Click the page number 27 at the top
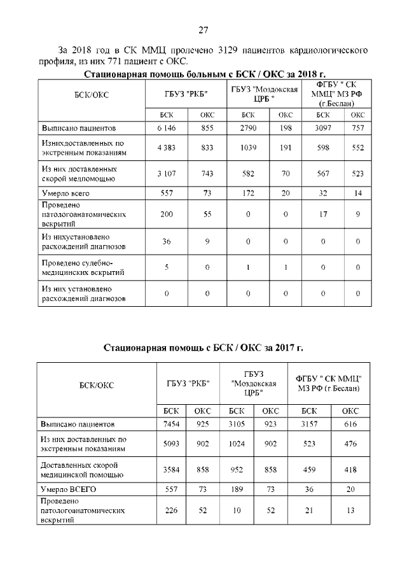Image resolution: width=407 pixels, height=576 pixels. (203, 30)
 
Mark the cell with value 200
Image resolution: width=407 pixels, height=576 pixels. (166, 215)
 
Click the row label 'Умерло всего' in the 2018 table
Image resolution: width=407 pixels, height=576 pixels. (64, 192)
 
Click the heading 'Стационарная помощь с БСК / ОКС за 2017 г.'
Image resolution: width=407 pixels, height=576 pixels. (203, 348)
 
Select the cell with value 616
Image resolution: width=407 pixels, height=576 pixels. (350, 423)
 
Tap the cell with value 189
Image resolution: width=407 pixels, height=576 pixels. (237, 489)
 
